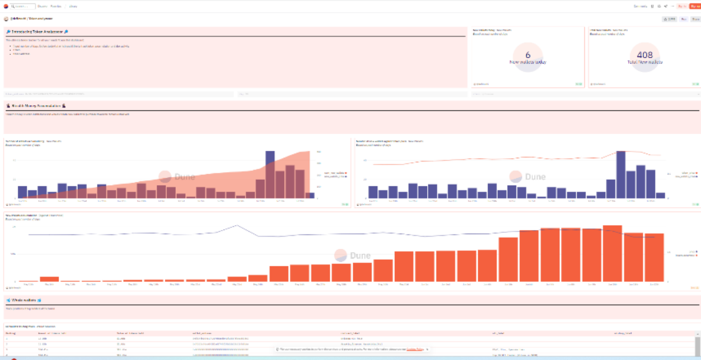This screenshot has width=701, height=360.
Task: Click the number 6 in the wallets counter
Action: pyautogui.click(x=528, y=55)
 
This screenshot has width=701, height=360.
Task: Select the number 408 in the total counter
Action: pyautogui.click(x=645, y=55)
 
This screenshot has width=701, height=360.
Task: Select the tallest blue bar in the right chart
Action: pyautogui.click(x=620, y=174)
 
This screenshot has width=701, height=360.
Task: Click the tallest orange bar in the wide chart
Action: pyautogui.click(x=612, y=253)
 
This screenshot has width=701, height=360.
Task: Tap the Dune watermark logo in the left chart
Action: pyautogui.click(x=165, y=176)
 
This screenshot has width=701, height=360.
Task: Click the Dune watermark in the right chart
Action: pyautogui.click(x=515, y=176)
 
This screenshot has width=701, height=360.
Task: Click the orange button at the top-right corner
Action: pyautogui.click(x=695, y=6)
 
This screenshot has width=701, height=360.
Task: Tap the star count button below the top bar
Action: pyautogui.click(x=669, y=19)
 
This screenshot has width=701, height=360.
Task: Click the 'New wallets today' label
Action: pyautogui.click(x=528, y=62)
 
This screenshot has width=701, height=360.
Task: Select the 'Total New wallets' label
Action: pyautogui.click(x=645, y=62)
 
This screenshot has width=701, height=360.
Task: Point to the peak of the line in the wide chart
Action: pyautogui.click(x=237, y=225)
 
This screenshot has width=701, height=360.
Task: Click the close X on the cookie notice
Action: pyautogui.click(x=427, y=349)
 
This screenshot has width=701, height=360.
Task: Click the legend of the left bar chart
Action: pyautogui.click(x=335, y=175)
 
